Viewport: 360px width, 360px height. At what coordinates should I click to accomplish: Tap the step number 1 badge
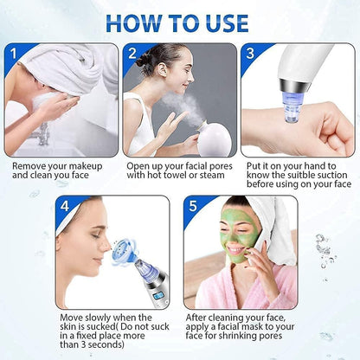coord(13,54)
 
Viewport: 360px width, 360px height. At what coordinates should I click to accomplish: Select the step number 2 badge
coord(132,54)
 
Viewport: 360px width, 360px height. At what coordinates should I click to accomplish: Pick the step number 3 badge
coord(251,54)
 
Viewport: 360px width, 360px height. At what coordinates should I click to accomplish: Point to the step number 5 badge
coord(193,207)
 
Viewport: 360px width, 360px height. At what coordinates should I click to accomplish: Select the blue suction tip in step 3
coord(292,113)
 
